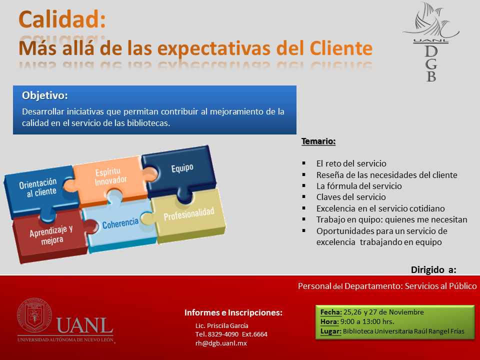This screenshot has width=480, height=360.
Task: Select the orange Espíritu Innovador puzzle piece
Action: tap(110, 179)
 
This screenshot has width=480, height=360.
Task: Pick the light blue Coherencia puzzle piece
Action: tap(120, 225)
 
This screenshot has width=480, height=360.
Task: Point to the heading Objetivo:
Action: tap(44, 95)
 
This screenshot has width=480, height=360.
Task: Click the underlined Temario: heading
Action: tap(318, 141)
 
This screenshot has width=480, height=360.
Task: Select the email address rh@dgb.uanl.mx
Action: tap(221, 343)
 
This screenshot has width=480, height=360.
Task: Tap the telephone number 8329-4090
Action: tap(223, 334)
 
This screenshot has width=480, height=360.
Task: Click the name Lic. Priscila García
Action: tap(221, 325)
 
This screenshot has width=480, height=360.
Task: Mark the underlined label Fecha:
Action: tap(331, 312)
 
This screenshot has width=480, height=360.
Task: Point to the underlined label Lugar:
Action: tap(330, 331)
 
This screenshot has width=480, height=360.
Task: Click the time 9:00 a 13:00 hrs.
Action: tap(367, 321)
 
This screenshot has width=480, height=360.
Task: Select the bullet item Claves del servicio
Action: tap(351, 197)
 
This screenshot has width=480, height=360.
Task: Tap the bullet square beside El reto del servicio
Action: tap(304, 163)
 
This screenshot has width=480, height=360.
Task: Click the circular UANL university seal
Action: tap(34, 315)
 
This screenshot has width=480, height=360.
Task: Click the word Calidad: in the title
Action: tap(62, 19)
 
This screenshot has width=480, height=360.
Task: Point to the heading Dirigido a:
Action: tap(433, 269)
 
